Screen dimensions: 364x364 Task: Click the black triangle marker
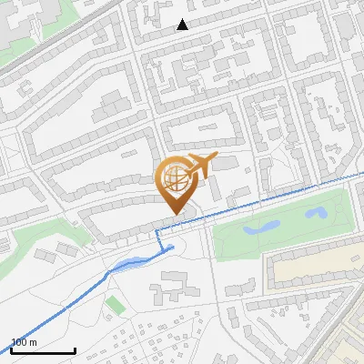[x=183, y=25]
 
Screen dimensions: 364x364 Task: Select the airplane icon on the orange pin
[x=200, y=166]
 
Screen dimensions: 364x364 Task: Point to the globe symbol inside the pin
[x=173, y=177]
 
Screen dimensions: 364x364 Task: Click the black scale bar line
[x=43, y=350]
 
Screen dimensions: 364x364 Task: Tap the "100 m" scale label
[x=24, y=342]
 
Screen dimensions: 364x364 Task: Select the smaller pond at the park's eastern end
[x=317, y=213]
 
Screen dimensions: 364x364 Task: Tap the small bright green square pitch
[x=114, y=303]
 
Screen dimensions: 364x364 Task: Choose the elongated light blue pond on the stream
[x=127, y=266]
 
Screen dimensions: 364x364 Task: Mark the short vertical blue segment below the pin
[x=159, y=240]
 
